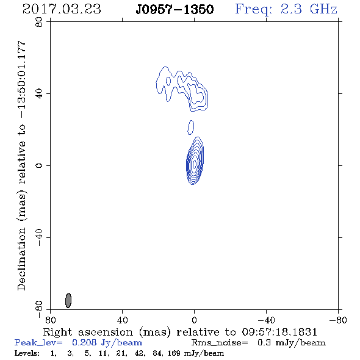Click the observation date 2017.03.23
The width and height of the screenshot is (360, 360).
62,9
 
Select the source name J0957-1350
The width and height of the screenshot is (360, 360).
175,10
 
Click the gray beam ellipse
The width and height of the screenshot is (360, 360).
68,300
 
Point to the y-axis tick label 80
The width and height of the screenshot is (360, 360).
39,22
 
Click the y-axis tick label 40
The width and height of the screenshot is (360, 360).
39,94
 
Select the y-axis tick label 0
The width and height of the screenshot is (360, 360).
39,165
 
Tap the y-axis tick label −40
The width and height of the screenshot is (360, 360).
39,237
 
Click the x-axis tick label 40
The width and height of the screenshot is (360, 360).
122,320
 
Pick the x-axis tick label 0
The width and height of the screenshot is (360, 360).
194,320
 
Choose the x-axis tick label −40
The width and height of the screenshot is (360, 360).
266,320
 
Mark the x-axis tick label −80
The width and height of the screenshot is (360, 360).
338,320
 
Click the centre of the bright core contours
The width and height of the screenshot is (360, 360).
195,164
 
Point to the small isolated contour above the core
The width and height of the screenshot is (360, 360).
191,128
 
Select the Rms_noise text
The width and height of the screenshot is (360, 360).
220,343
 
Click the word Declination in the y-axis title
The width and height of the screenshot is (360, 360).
21,259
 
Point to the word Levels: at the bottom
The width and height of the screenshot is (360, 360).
27,353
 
